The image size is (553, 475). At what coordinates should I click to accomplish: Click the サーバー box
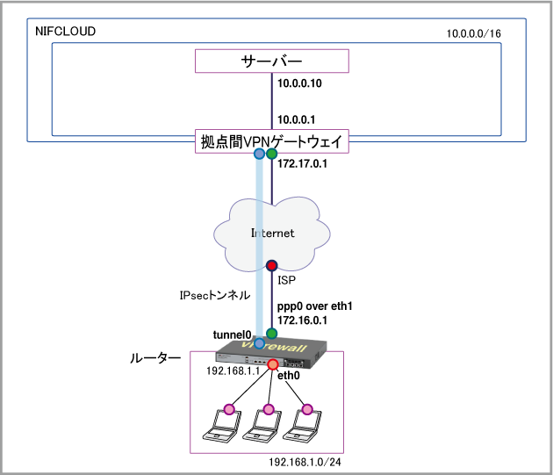click(x=271, y=61)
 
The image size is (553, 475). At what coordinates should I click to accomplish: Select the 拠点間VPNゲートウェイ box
click(x=271, y=140)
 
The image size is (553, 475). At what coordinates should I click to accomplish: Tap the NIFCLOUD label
click(x=65, y=32)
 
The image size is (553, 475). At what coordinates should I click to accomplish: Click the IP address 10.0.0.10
click(x=299, y=85)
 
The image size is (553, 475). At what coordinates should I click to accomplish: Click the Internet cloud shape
click(x=271, y=234)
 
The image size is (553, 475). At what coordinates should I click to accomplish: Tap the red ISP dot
click(x=272, y=264)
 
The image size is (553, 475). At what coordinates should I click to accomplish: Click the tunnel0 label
click(x=233, y=335)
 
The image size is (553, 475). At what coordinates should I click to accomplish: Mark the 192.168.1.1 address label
click(x=231, y=371)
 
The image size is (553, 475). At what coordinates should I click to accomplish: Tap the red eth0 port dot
click(x=273, y=364)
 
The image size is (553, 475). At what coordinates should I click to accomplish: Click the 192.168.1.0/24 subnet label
click(x=305, y=462)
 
